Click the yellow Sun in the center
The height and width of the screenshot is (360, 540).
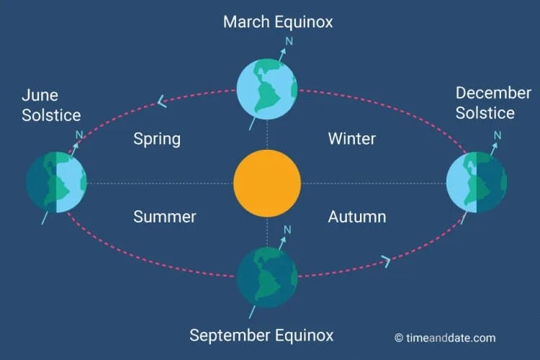tap(267, 184)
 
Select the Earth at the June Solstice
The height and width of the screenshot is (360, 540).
tap(56, 183)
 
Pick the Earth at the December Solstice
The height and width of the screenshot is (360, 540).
tap(476, 183)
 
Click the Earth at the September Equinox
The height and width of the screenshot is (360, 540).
tap(267, 278)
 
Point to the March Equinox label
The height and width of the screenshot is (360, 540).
tap(278, 22)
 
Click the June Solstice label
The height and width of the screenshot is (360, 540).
tap(50, 105)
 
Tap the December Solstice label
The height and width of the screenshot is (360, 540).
tap(485, 103)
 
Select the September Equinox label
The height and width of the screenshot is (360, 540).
tap(261, 335)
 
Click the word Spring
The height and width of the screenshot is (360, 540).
tap(156, 138)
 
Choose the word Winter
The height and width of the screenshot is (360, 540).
tap(351, 138)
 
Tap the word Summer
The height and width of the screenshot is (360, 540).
tap(164, 216)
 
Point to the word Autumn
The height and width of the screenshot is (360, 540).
tap(356, 216)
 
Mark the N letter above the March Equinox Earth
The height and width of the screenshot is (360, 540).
tap(289, 41)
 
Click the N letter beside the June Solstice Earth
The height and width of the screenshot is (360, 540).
tap(79, 135)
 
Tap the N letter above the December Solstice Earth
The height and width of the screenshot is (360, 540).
tap(498, 135)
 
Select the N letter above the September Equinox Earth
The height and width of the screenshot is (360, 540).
tap(288, 230)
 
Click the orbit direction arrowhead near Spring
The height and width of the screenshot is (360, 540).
tap(162, 102)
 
